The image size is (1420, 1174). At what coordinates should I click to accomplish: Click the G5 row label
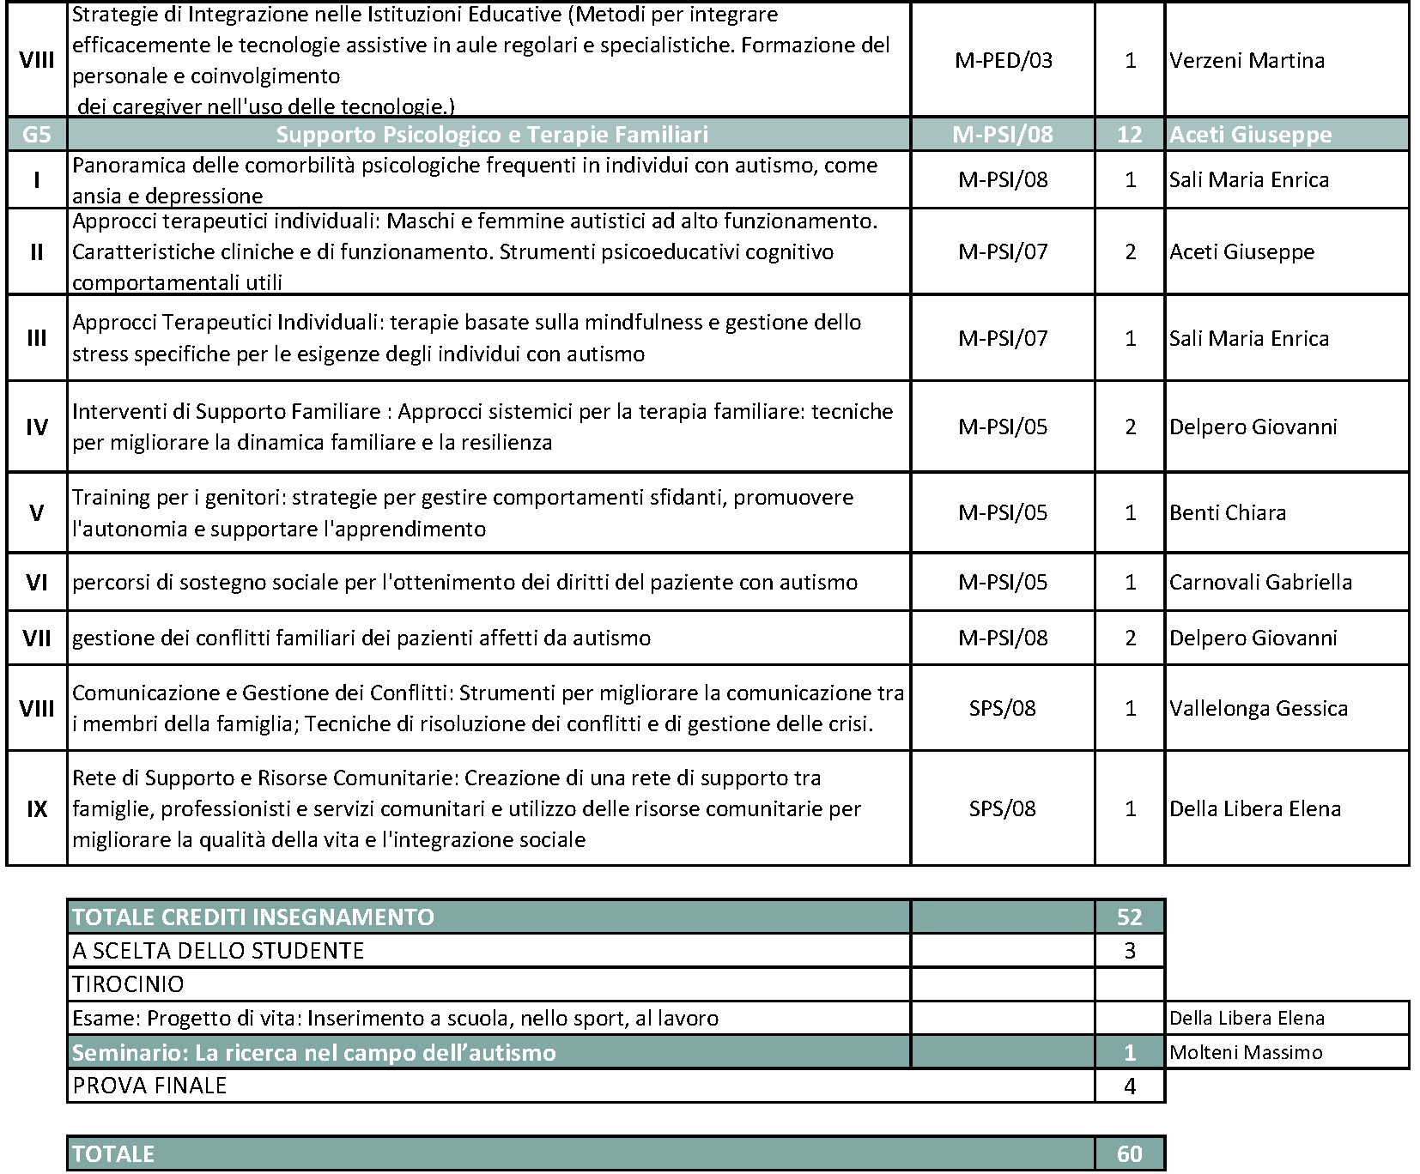click(x=36, y=135)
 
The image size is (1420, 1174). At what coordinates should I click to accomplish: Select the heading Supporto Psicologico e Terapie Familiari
click(x=492, y=135)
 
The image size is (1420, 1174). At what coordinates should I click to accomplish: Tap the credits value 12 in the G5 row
click(x=1129, y=135)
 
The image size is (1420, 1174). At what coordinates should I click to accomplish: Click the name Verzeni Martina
click(x=1247, y=60)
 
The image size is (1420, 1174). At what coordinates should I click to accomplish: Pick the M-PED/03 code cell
click(x=1003, y=60)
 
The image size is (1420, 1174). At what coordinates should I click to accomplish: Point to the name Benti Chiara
click(x=1228, y=512)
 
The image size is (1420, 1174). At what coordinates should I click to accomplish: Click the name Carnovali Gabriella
click(x=1260, y=582)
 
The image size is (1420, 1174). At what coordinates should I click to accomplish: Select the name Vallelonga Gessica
click(x=1259, y=708)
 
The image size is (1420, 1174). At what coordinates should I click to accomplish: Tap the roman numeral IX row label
click(x=36, y=808)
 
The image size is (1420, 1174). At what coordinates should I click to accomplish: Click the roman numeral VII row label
click(x=36, y=638)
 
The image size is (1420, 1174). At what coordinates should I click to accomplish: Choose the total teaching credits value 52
click(x=1129, y=917)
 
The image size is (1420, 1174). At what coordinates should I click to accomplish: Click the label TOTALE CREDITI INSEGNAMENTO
click(x=253, y=917)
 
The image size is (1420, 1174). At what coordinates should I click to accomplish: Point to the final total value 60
click(x=1129, y=1153)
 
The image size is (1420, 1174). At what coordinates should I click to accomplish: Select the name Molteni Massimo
click(x=1246, y=1052)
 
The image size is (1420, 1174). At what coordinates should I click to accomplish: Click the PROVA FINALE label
click(x=149, y=1086)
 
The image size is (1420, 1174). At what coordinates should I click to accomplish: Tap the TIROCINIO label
click(x=128, y=984)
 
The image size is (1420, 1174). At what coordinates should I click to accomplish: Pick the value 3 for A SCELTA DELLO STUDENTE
click(x=1129, y=951)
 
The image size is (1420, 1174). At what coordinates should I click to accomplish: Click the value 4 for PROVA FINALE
click(x=1129, y=1086)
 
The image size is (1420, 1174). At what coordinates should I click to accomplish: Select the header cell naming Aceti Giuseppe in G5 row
click(x=1250, y=135)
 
